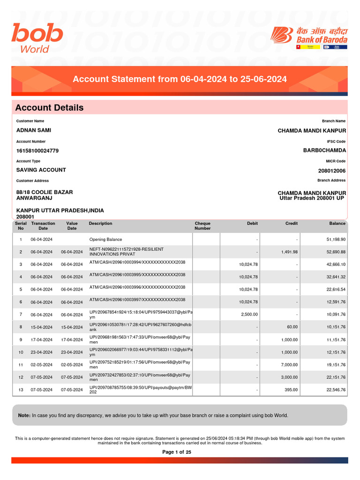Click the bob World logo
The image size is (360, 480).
pyautogui.click(x=37, y=38)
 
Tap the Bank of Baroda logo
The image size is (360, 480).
pyautogui.click(x=309, y=37)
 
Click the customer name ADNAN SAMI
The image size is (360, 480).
pyautogui.click(x=34, y=130)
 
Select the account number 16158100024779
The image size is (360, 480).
pyautogui.click(x=37, y=151)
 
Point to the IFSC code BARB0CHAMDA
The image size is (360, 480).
pyautogui.click(x=324, y=150)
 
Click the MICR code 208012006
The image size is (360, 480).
pyautogui.click(x=331, y=171)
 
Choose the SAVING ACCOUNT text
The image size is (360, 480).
pyautogui.click(x=41, y=170)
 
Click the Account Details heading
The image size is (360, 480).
pyautogui.click(x=49, y=108)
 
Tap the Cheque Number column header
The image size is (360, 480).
pyautogui.click(x=202, y=226)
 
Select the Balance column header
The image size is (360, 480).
pyautogui.click(x=337, y=224)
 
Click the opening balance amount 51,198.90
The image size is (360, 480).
pyautogui.click(x=336, y=240)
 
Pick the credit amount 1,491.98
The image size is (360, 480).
pyautogui.click(x=289, y=252)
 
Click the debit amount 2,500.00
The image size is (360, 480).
pyautogui.click(x=249, y=315)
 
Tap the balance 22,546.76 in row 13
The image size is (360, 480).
pyautogui.click(x=336, y=390)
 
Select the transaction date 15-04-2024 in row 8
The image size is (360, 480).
pyautogui.click(x=41, y=327)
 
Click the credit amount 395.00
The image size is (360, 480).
pyautogui.click(x=292, y=390)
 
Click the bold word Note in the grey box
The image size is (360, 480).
pyautogui.click(x=24, y=415)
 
